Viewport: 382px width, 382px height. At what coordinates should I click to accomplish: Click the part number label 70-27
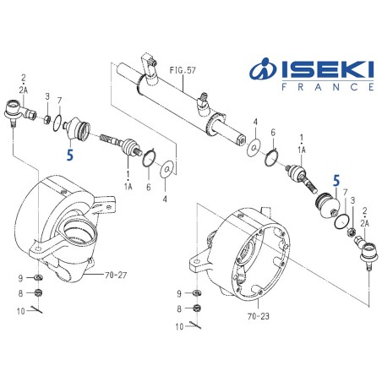[x=116, y=274]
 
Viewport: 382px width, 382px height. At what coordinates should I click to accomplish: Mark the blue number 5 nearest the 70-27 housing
[x=70, y=155]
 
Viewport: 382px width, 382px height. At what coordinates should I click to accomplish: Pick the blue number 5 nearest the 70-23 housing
[x=336, y=181]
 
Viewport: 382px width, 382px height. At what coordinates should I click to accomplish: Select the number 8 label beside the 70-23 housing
[x=179, y=308]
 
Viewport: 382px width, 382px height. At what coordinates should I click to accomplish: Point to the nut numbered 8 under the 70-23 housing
[x=197, y=308]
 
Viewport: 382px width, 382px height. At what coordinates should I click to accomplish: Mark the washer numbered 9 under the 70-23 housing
[x=196, y=293]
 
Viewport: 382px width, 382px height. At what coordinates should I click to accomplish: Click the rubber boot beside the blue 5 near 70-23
[x=322, y=207]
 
